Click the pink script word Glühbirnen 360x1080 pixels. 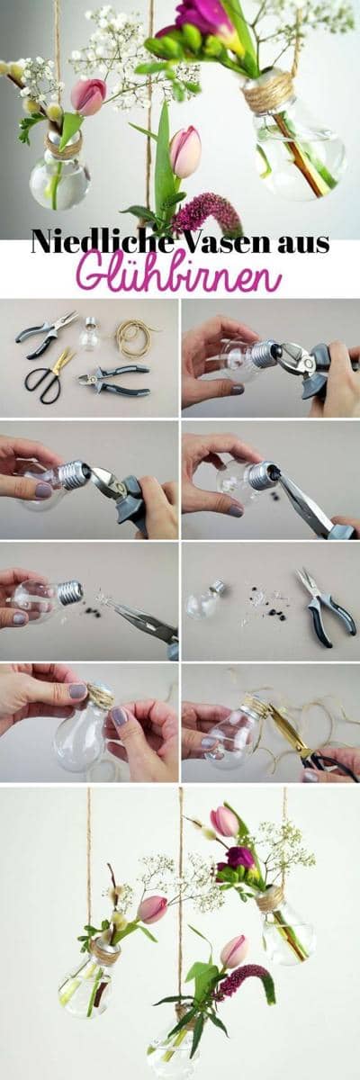[x=180, y=274]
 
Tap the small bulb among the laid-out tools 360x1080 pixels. [x=90, y=334]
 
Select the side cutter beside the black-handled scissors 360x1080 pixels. [x=114, y=377]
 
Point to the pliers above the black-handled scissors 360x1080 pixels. [x=46, y=334]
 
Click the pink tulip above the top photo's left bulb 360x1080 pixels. [x=89, y=96]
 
